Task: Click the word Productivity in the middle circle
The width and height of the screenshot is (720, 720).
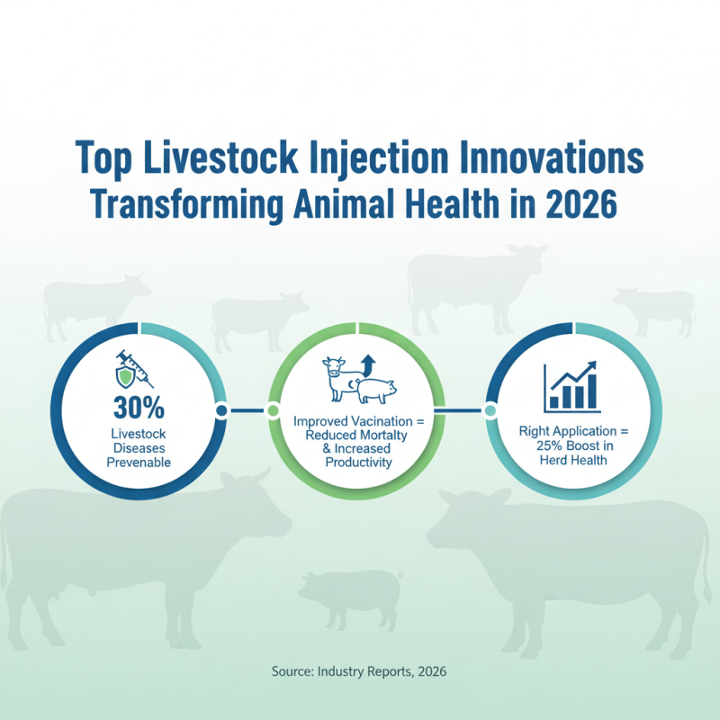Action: point(359,463)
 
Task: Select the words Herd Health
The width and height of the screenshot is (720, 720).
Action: point(574,460)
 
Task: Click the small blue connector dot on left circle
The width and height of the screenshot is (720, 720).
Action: point(221,411)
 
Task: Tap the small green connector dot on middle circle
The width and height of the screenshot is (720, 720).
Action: point(273,411)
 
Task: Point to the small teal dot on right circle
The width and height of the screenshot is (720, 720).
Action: point(490,411)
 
